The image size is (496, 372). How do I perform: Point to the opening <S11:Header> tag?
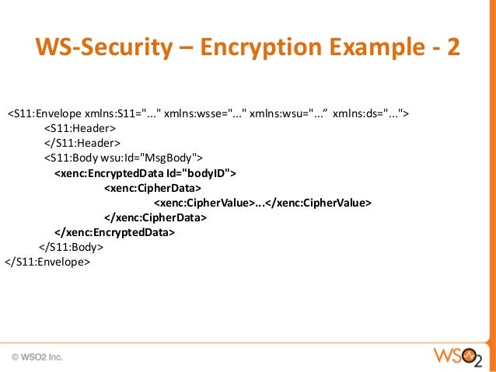click(79, 128)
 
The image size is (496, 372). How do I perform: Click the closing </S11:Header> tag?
click(82, 143)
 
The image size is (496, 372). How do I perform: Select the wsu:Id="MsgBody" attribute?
click(162, 158)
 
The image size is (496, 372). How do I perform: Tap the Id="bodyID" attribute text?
click(196, 172)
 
